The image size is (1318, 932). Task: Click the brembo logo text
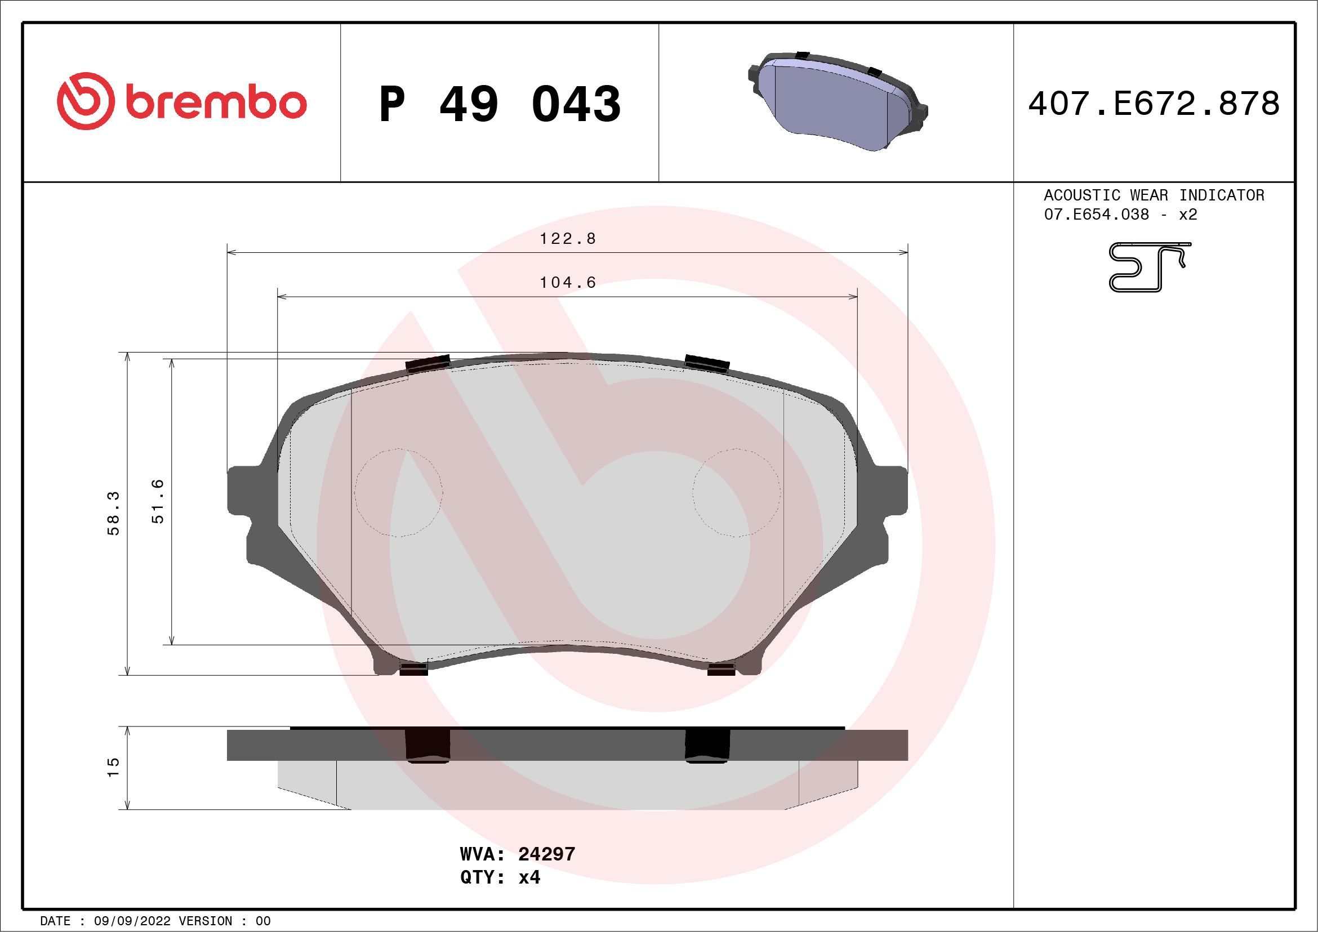point(215,104)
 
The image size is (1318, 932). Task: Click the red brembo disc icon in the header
point(83,101)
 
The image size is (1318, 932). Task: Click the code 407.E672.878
point(1154,104)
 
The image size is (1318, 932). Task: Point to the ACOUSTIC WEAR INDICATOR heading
point(1154,195)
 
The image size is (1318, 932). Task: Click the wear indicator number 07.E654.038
point(1097,215)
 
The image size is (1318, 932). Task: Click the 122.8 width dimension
point(568,239)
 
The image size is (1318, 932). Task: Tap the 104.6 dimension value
point(568,282)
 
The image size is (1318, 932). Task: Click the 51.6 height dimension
point(158,501)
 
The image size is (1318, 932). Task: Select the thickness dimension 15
point(113,767)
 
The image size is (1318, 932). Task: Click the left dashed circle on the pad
point(398,492)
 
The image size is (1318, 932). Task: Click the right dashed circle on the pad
point(737,492)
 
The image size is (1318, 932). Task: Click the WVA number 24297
point(546,854)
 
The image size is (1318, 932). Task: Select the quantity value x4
point(529,877)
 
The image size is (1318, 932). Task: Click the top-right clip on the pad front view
point(707,363)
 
